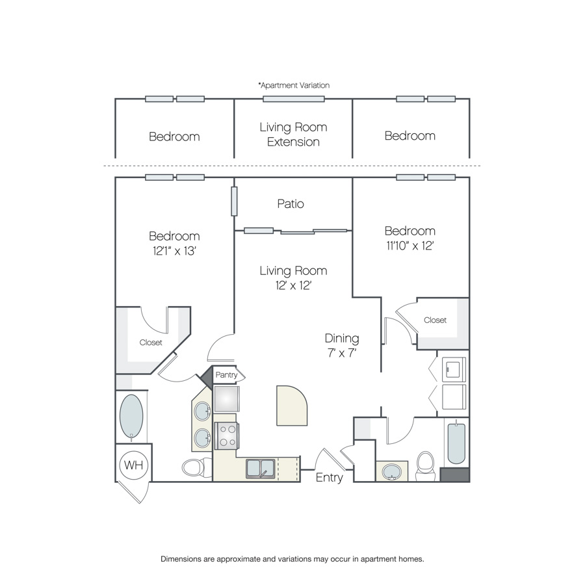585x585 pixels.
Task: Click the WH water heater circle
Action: coord(133,465)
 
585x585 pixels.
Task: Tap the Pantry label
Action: coord(226,375)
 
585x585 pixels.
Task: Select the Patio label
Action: coord(291,203)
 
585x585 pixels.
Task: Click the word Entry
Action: coord(329,478)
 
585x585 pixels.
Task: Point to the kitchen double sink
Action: coord(261,469)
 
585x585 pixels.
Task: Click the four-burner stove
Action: coord(226,436)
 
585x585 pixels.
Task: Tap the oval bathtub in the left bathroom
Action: coord(131,416)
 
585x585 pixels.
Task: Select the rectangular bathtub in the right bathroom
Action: coord(456,443)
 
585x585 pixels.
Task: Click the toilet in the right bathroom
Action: coord(425,465)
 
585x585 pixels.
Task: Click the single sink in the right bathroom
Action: coord(391,472)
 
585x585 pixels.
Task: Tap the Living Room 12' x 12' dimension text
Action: coord(293,285)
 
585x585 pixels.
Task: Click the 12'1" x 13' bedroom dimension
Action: coord(174,251)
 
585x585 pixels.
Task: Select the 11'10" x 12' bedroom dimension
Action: coord(409,246)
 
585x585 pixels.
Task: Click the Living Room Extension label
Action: coord(293,135)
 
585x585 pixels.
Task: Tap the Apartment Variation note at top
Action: coord(294,85)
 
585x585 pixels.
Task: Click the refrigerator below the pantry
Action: coord(227,399)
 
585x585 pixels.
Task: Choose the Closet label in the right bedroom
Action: coord(435,320)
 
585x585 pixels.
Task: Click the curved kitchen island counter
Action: coord(291,406)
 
